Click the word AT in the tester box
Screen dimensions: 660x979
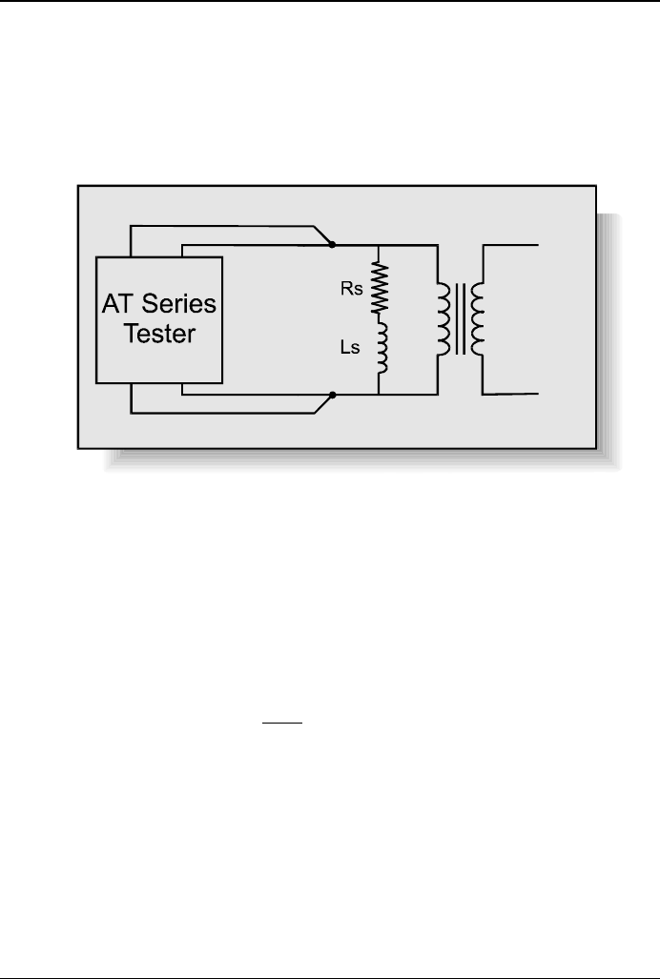pyautogui.click(x=120, y=306)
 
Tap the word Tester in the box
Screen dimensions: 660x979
pyautogui.click(x=160, y=337)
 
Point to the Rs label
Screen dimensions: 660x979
pyautogui.click(x=352, y=290)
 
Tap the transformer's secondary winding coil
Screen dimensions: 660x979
pyautogui.click(x=478, y=318)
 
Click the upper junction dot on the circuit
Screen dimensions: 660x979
pyautogui.click(x=331, y=245)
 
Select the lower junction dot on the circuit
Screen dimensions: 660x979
pyautogui.click(x=331, y=394)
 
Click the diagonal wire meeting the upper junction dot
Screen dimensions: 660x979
pyautogui.click(x=321, y=235)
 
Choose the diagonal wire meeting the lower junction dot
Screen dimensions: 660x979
pyautogui.click(x=321, y=403)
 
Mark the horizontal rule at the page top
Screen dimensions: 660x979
pyautogui.click(x=330, y=2)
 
